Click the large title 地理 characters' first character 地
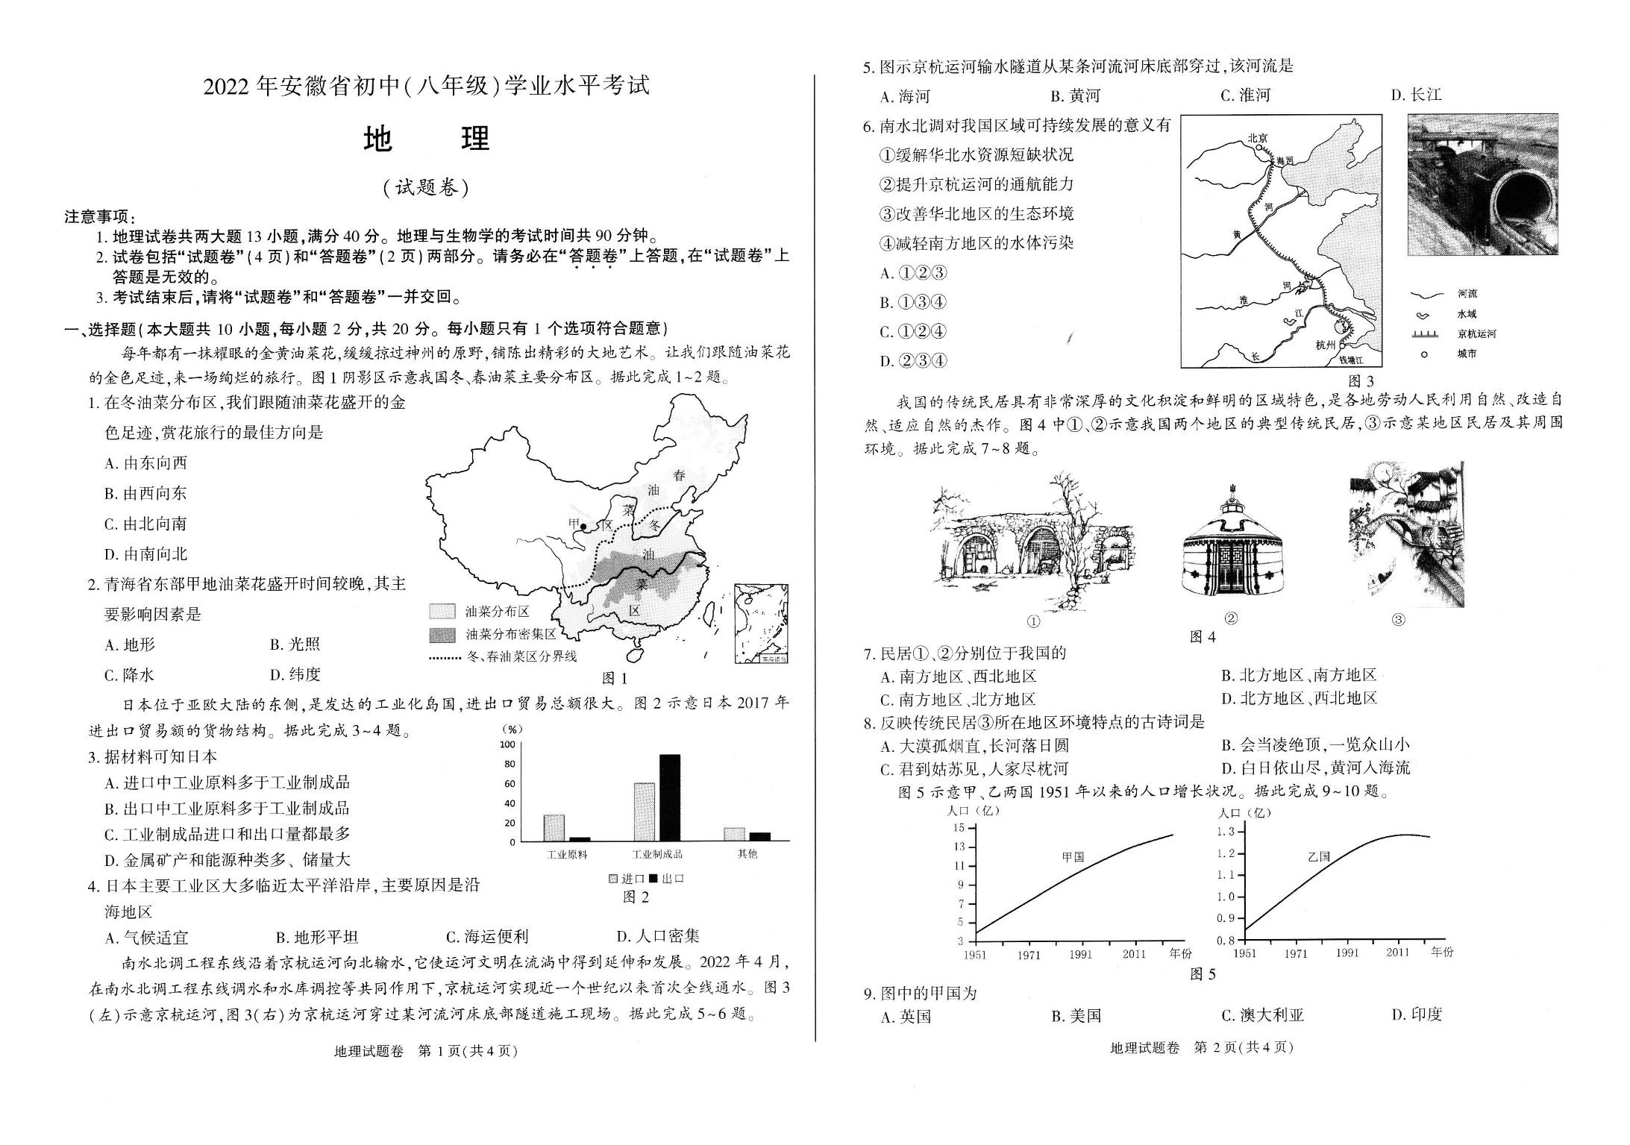tap(378, 139)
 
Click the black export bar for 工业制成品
tap(669, 797)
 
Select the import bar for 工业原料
tap(554, 828)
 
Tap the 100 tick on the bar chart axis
tap(508, 744)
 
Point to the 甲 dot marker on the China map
tap(583, 527)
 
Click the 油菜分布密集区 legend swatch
tap(442, 635)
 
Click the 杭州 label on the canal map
tap(1326, 345)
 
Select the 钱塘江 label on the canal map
tap(1350, 360)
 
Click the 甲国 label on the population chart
tap(1073, 857)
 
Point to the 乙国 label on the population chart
tap(1318, 856)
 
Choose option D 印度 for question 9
tap(1417, 1014)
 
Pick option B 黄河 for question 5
tap(1075, 95)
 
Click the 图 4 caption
tap(1202, 636)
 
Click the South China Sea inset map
tap(761, 624)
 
